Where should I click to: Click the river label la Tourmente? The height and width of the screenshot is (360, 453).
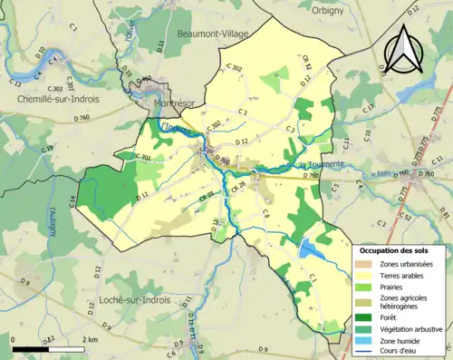click(x=321, y=164)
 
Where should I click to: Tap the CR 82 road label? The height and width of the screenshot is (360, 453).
click(x=308, y=63)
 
